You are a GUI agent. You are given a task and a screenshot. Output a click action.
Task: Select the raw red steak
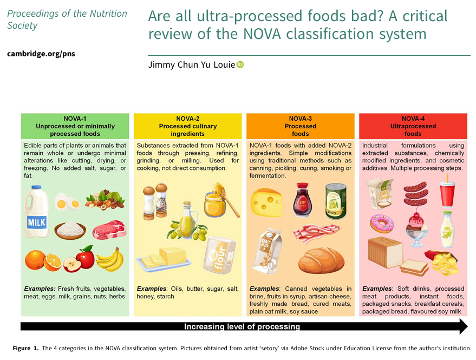pyautogui.click(x=109, y=230)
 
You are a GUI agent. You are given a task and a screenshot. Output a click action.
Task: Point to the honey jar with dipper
pyautogui.click(x=217, y=201)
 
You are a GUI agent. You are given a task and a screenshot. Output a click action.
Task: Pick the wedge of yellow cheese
pyautogui.click(x=266, y=203)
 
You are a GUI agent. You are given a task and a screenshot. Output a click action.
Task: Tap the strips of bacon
pyautogui.click(x=316, y=234)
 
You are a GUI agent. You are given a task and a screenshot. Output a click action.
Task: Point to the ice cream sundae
pyautogui.click(x=416, y=228)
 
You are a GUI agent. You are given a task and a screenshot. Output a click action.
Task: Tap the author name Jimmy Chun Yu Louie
pyautogui.click(x=191, y=65)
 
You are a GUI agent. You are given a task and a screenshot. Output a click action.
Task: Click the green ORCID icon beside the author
pyautogui.click(x=240, y=64)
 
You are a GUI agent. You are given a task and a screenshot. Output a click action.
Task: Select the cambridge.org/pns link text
pyautogui.click(x=41, y=54)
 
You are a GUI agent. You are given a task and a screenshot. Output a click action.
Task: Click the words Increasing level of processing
pyautogui.click(x=242, y=326)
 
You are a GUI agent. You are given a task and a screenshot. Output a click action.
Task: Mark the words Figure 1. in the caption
pyautogui.click(x=25, y=348)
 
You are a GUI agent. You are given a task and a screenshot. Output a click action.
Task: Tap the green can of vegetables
pyautogui.click(x=335, y=201)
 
